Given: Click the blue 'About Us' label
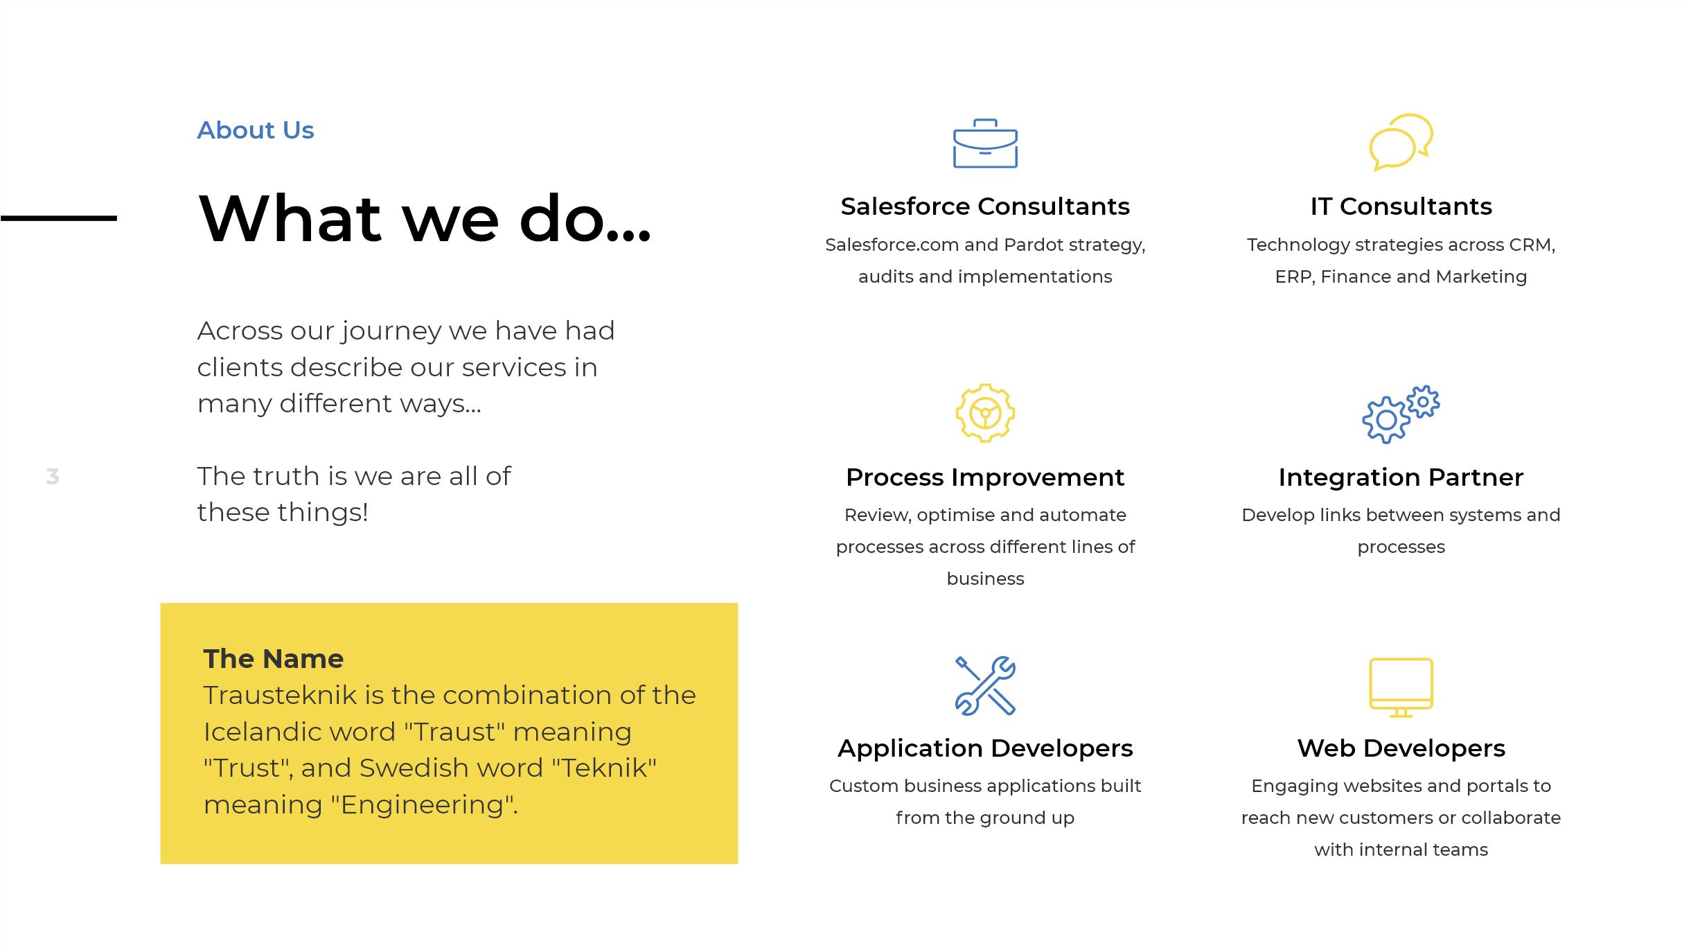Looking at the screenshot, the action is point(256,130).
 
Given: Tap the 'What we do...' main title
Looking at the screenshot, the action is point(425,218).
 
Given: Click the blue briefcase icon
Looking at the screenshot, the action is point(985,143).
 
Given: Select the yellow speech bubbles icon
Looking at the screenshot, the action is point(1401,142).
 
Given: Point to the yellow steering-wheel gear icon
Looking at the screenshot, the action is point(985,413).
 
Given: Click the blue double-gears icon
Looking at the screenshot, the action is point(1401,414).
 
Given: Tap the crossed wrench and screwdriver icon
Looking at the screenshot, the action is point(985,685).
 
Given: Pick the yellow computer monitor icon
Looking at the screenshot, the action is point(1401,687).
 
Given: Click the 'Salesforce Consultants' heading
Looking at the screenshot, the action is point(985,206).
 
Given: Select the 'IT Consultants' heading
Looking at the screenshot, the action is point(1401,206).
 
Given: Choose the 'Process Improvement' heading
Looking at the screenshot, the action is point(985,477).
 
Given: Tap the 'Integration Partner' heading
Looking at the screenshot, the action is point(1401,477).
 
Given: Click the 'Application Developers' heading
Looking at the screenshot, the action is point(985,748).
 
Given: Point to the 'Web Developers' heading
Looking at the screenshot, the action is point(1401,748).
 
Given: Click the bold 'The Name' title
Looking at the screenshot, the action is point(274,659).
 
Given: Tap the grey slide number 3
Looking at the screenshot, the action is point(53,477).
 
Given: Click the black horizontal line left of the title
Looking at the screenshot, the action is point(59,218).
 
